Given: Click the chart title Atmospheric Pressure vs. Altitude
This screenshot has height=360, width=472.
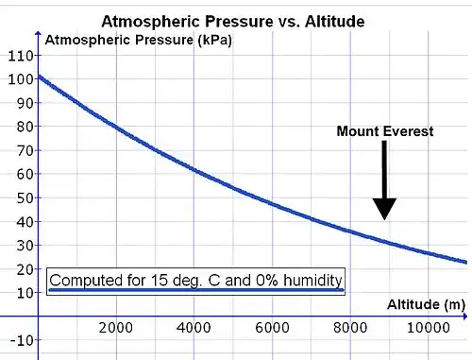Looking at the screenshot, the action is pyautogui.click(x=233, y=22).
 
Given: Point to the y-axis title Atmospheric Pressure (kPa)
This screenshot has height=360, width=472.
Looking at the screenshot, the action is pyautogui.click(x=139, y=41).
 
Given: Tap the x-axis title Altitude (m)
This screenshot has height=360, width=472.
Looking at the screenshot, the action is pyautogui.click(x=426, y=304).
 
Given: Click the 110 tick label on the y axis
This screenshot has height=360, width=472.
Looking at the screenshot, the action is pyautogui.click(x=21, y=56).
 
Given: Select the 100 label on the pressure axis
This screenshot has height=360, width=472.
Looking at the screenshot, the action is pyautogui.click(x=21, y=79).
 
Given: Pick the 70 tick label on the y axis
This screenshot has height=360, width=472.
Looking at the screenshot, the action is pyautogui.click(x=25, y=150).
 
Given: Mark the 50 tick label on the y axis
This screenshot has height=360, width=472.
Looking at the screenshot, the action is pyautogui.click(x=25, y=198).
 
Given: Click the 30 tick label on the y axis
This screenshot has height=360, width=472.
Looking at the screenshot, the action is pyautogui.click(x=25, y=246).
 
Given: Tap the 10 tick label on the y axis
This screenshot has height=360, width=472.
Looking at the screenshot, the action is pyautogui.click(x=25, y=293).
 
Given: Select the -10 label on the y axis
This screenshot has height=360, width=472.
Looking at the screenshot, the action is pyautogui.click(x=22, y=340).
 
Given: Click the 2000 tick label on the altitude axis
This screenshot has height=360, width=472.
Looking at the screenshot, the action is pyautogui.click(x=115, y=328).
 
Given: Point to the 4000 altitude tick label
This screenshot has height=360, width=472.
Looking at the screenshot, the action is pyautogui.click(x=194, y=328).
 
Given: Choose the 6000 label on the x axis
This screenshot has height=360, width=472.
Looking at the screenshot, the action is pyautogui.click(x=272, y=328).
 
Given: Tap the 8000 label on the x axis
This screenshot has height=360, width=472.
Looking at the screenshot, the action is pyautogui.click(x=350, y=328).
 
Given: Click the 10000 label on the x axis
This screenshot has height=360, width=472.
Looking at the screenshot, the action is pyautogui.click(x=429, y=328).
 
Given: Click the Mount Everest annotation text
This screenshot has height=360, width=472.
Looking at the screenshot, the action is pyautogui.click(x=385, y=131).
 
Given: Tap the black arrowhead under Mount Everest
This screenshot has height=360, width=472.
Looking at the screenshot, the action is pyautogui.click(x=384, y=208).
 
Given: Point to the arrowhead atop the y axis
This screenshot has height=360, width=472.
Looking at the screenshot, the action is pyautogui.click(x=38, y=34).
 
